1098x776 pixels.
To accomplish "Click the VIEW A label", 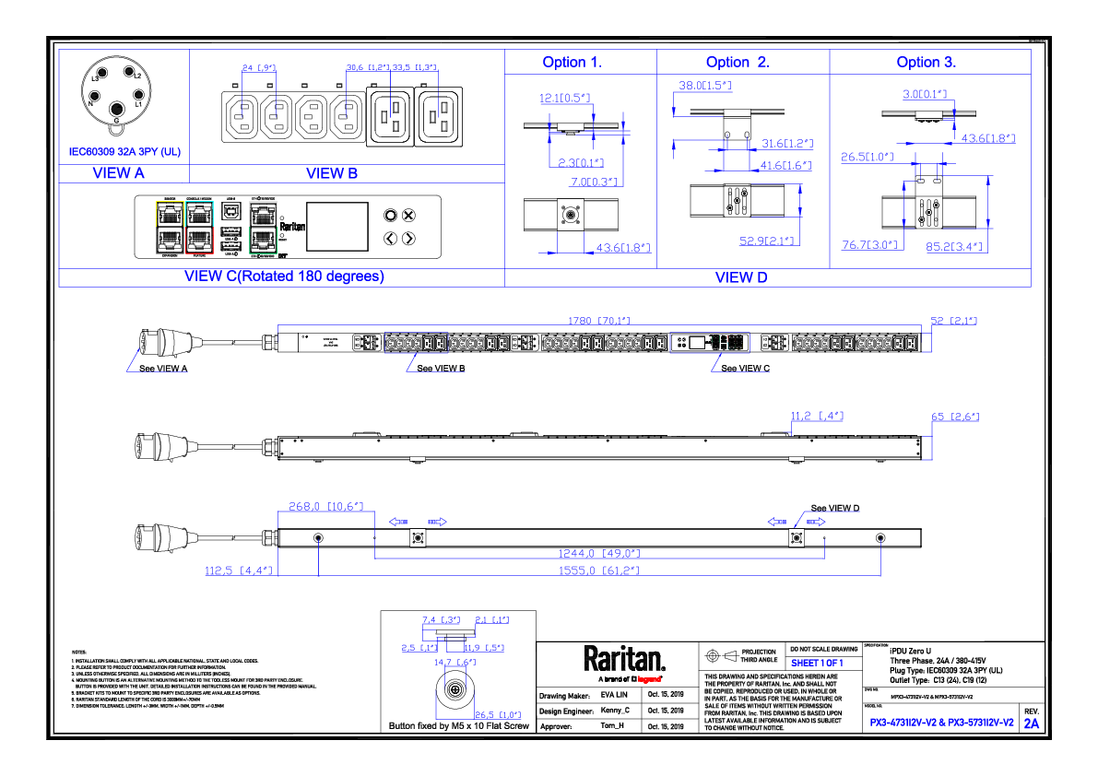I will click(119, 173).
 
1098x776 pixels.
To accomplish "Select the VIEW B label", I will click(332, 173).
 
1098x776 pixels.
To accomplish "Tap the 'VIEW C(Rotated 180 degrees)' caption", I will click(284, 276).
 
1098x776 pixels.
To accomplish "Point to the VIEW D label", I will click(741, 277).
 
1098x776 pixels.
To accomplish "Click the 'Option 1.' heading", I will click(572, 63).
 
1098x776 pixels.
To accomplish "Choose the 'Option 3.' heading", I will click(927, 63).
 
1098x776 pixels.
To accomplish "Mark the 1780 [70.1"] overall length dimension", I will click(598, 321).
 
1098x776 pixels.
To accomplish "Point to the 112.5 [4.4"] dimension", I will click(239, 570).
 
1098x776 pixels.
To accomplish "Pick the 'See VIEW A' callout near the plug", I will click(162, 368).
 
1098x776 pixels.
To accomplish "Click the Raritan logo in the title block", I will click(624, 661).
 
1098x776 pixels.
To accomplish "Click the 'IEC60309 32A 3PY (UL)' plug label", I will click(125, 151).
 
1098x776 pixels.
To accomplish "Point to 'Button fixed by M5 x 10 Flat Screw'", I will click(459, 726).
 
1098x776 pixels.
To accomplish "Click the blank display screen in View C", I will click(336, 227).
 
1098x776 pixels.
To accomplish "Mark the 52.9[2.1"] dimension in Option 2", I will click(766, 241).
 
